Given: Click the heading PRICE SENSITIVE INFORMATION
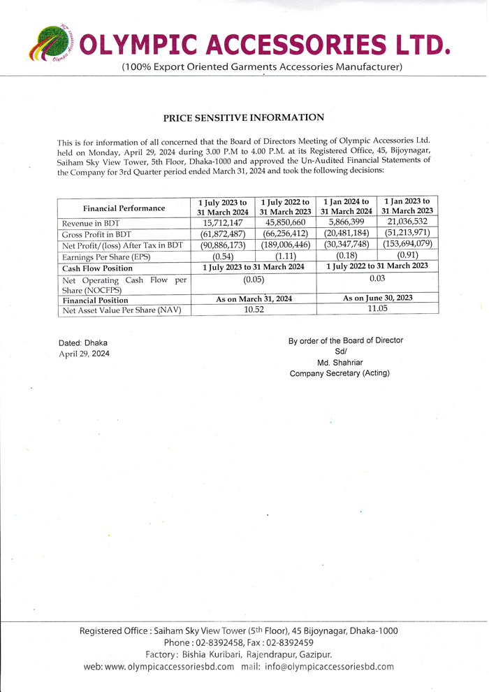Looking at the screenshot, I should [244, 117].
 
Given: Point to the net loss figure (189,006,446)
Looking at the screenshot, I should [286, 245].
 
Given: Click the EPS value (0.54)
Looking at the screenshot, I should [223, 257].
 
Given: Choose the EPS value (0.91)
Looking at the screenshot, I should [408, 256].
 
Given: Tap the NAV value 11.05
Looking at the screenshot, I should [377, 309].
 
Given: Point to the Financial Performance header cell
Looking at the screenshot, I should [124, 208].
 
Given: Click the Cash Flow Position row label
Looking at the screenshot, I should [97, 268].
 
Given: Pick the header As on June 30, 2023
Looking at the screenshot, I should [377, 298].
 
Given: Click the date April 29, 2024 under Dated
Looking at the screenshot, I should [84, 354].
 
